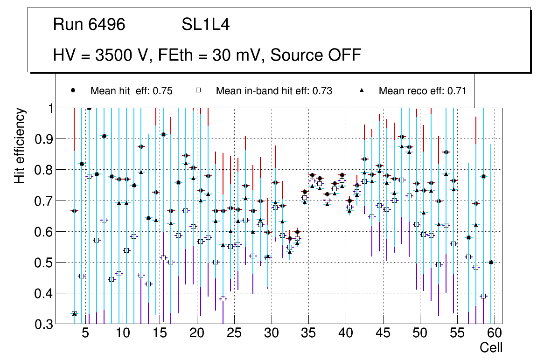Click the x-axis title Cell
click(491, 348)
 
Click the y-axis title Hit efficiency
click(20, 145)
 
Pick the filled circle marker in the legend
click(73, 90)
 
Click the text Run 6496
click(89, 25)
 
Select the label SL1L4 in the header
click(205, 25)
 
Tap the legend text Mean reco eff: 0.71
click(422, 91)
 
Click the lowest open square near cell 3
click(74, 313)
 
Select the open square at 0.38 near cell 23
click(223, 299)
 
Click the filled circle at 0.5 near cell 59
click(491, 263)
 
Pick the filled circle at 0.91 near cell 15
click(163, 134)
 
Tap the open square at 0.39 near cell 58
click(483, 296)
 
